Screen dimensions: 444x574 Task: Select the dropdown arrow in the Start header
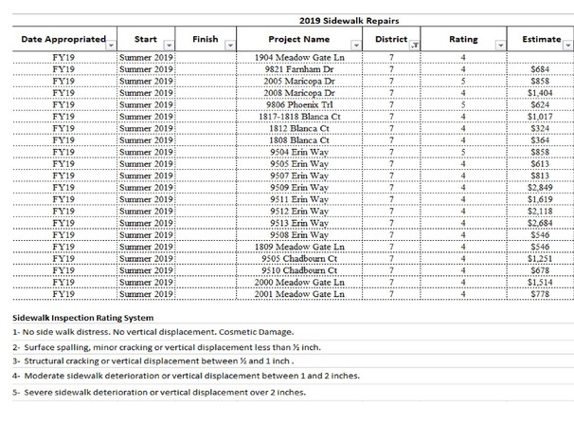pos(169,45)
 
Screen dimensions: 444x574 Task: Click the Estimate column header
pos(533,40)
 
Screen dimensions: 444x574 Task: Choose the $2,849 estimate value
pos(544,188)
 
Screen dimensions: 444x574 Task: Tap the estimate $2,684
pos(544,223)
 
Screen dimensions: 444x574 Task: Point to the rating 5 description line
pos(158,391)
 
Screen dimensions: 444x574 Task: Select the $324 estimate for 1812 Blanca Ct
pos(547,129)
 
